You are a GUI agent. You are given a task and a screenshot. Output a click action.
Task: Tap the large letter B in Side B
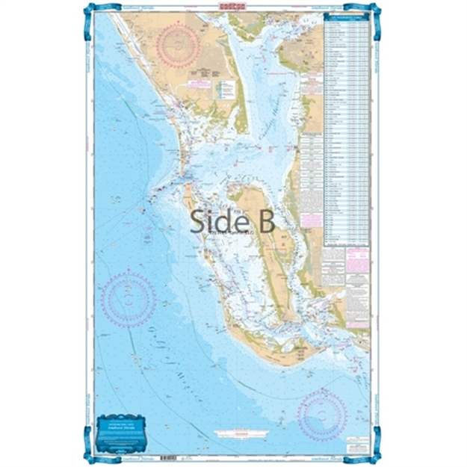click(265, 221)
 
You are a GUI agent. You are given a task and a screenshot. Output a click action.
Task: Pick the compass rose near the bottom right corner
click(323, 412)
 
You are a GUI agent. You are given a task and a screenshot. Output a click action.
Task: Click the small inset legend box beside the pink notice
click(225, 90)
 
